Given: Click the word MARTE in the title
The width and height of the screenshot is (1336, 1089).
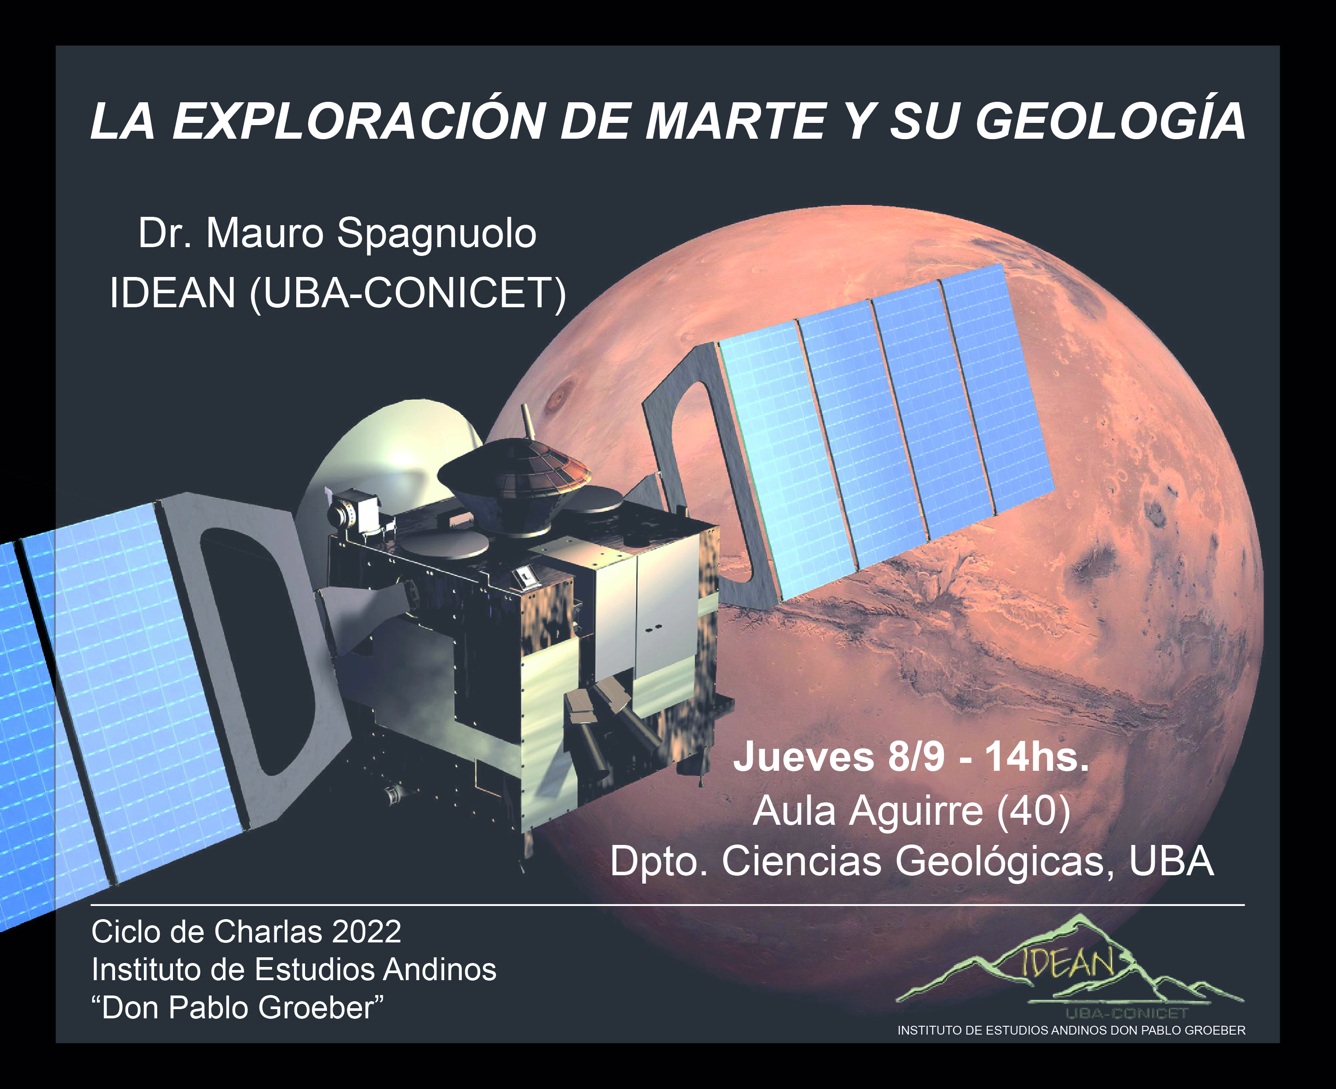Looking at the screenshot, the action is pos(735,122).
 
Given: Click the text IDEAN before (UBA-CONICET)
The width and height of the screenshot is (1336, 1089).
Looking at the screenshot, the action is pos(172,293).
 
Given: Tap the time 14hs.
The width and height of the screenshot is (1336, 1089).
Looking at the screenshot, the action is pos(1036,757).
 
